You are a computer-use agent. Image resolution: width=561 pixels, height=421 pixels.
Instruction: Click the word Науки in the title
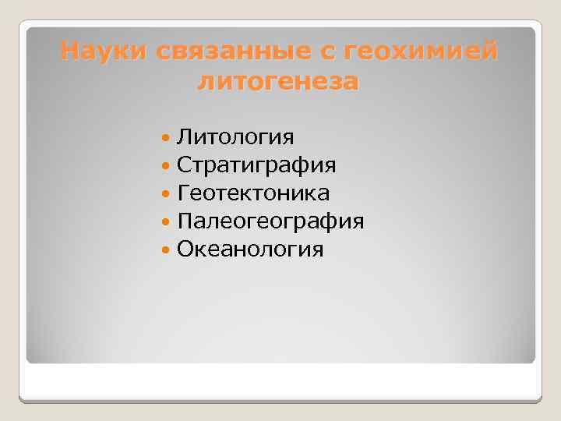click(105, 51)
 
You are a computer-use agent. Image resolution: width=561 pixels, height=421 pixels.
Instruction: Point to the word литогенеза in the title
click(278, 80)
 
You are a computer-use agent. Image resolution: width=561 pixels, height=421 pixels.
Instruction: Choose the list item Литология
click(235, 138)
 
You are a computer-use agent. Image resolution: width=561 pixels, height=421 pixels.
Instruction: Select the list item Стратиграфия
click(256, 166)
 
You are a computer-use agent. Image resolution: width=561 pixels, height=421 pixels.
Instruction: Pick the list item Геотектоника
click(253, 193)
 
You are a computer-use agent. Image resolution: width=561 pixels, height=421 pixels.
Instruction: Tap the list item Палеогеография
click(270, 221)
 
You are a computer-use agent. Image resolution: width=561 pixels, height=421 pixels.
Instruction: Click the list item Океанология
click(250, 249)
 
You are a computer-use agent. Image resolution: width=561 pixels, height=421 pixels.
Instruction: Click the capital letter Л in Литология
click(184, 138)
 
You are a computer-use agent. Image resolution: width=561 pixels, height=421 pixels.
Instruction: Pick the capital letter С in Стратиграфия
click(184, 166)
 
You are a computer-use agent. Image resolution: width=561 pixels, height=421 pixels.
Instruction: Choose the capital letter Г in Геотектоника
click(183, 193)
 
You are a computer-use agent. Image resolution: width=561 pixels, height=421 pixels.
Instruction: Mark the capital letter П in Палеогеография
click(185, 221)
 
